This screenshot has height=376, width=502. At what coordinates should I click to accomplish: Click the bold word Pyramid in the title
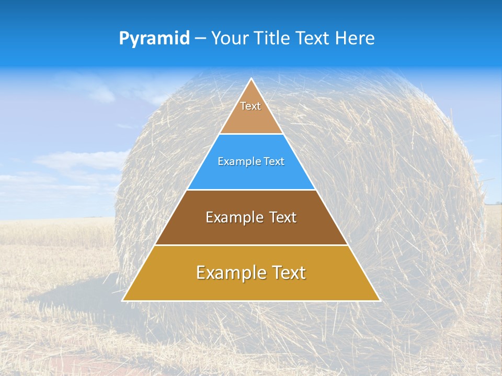(x=154, y=39)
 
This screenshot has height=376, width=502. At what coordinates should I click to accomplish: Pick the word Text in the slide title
(x=314, y=39)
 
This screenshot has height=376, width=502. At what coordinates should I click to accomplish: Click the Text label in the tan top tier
(x=250, y=106)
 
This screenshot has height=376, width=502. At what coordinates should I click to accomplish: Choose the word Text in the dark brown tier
(x=283, y=217)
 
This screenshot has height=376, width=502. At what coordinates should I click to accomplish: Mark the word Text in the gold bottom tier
(x=288, y=273)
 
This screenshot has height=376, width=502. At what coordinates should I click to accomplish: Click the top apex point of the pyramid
(x=251, y=79)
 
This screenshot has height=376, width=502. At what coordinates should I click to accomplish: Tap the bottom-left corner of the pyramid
(x=123, y=301)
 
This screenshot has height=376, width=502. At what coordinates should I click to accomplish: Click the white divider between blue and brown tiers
(x=251, y=190)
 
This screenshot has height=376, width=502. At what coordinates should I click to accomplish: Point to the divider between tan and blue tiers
(x=251, y=134)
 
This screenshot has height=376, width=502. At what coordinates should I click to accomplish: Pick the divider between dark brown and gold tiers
(x=251, y=245)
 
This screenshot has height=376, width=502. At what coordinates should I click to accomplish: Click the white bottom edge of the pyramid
(x=251, y=301)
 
